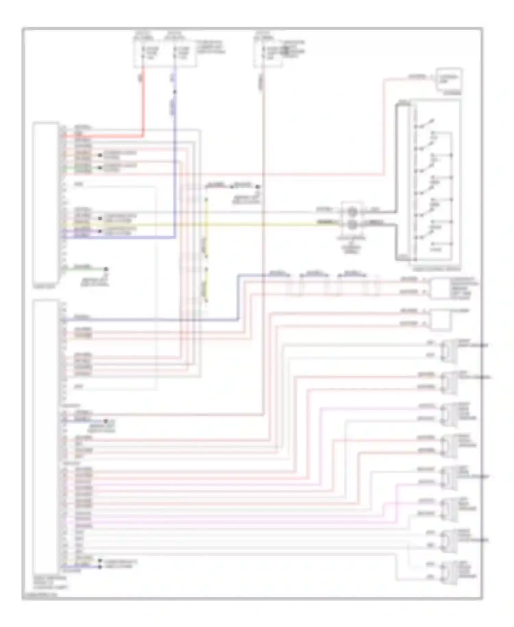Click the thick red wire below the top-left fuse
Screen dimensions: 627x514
point(143,103)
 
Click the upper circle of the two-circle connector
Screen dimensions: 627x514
point(352,212)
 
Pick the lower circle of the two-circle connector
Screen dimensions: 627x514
point(352,225)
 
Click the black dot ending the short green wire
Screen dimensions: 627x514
point(106,269)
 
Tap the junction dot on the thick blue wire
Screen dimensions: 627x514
point(175,92)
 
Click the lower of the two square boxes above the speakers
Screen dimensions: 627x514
point(441,320)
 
